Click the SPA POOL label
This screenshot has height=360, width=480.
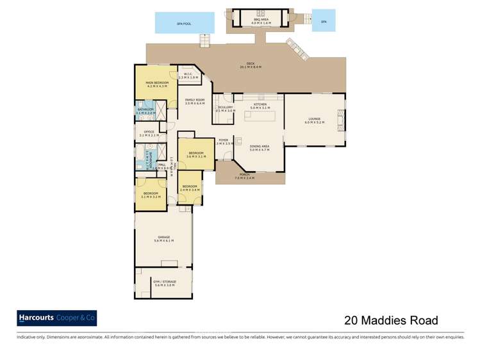click(x=185, y=23)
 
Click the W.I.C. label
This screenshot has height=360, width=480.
click(x=188, y=76)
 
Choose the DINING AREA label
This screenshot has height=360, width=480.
click(x=259, y=147)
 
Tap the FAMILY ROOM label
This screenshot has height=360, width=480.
click(x=194, y=101)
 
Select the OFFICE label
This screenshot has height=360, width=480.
click(x=149, y=133)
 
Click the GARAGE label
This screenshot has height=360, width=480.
click(x=164, y=239)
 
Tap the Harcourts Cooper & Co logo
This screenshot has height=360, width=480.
click(x=56, y=318)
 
